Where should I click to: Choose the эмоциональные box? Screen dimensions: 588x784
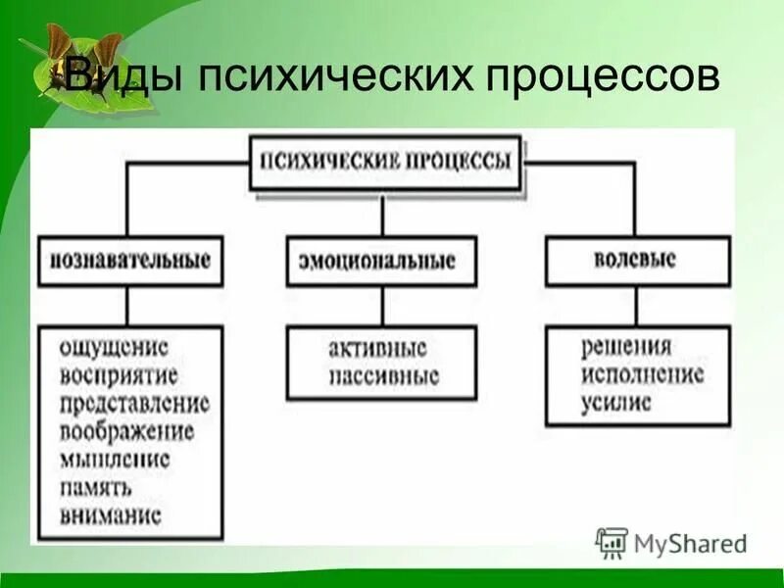pyautogui.click(x=382, y=262)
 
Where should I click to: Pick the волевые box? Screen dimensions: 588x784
pyautogui.click(x=636, y=260)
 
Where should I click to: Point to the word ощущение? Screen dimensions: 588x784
pyautogui.click(x=114, y=348)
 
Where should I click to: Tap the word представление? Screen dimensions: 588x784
pyautogui.click(x=134, y=403)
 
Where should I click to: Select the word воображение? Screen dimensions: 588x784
pyautogui.click(x=126, y=431)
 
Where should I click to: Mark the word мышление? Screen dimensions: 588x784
pyautogui.click(x=115, y=459)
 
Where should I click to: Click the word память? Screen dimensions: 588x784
pyautogui.click(x=95, y=486)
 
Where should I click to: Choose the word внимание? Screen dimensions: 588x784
pyautogui.click(x=110, y=514)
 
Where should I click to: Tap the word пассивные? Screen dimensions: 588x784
pyautogui.click(x=383, y=376)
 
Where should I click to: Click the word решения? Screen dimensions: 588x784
pyautogui.click(x=625, y=347)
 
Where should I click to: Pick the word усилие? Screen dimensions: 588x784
pyautogui.click(x=615, y=403)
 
